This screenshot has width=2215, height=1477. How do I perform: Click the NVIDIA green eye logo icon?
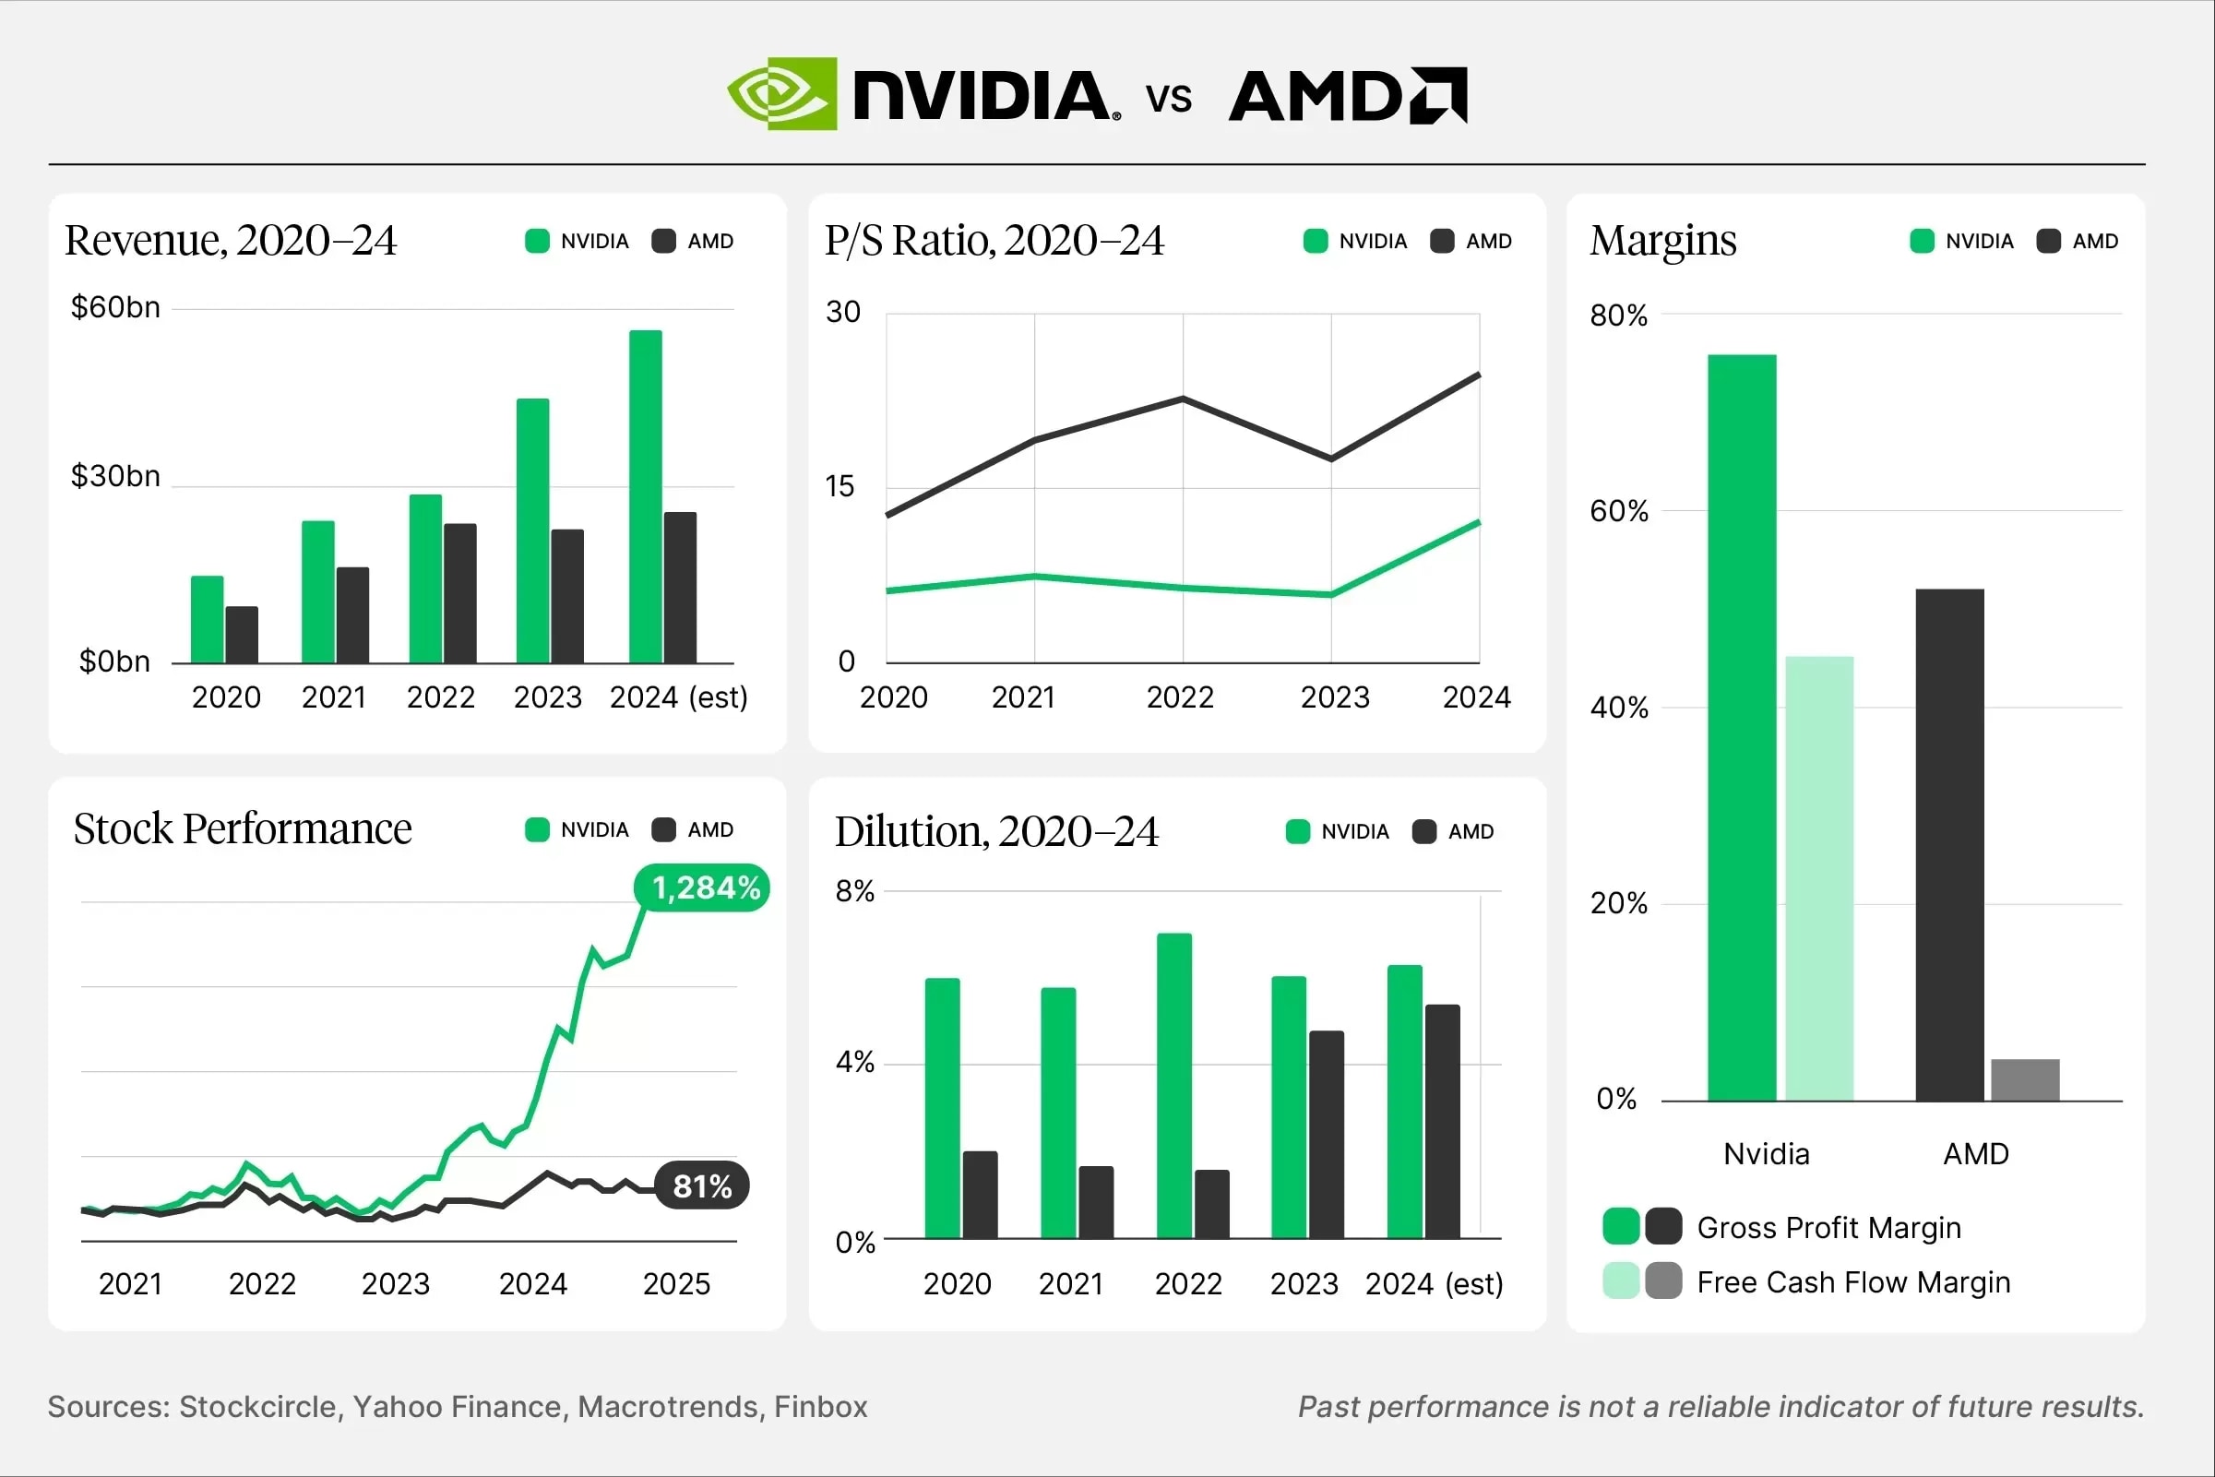[x=780, y=93]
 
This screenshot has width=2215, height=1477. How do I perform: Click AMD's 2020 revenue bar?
[x=242, y=635]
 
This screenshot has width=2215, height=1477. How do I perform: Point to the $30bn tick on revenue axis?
[x=115, y=476]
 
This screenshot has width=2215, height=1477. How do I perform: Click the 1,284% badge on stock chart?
[x=704, y=887]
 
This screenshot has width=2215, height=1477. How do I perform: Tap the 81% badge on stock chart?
[x=702, y=1185]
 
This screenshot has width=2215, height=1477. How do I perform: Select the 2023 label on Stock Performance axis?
[x=396, y=1284]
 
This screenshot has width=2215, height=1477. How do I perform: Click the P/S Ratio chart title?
[x=994, y=241]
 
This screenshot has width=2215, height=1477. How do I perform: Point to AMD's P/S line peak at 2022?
[x=1183, y=399]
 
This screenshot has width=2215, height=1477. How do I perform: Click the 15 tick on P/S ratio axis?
[x=840, y=487]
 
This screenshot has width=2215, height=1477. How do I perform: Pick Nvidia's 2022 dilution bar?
[x=1173, y=1085]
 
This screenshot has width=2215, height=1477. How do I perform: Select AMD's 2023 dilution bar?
[x=1326, y=1134]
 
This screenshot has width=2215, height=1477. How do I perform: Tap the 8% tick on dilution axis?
[x=854, y=891]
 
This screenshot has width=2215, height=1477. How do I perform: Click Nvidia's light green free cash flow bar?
[x=1818, y=878]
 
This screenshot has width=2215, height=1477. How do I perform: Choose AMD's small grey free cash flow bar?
[x=2025, y=1079]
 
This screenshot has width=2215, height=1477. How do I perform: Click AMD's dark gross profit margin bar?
[x=1949, y=844]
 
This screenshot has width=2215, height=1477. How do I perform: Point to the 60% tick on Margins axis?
[x=1618, y=511]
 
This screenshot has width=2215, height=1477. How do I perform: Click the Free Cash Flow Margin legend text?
[x=1852, y=1282]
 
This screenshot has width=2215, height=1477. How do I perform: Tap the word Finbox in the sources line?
[x=820, y=1406]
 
